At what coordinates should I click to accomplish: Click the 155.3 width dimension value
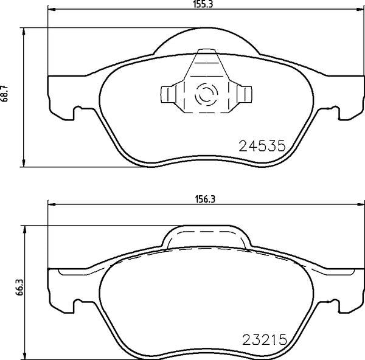[x=203, y=4]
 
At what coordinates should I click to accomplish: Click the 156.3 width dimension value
[x=205, y=199]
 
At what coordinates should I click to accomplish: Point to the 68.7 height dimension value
[x=4, y=93]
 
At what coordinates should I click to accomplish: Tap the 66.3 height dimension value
[x=19, y=288]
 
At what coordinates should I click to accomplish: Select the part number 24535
[x=262, y=146]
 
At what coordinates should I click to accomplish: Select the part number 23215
[x=265, y=340]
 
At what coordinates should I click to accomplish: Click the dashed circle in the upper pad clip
[x=206, y=94]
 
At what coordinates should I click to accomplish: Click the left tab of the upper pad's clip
[x=168, y=94]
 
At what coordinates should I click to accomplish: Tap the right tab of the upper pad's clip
[x=245, y=94]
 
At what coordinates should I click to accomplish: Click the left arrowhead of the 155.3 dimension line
[x=52, y=9]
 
